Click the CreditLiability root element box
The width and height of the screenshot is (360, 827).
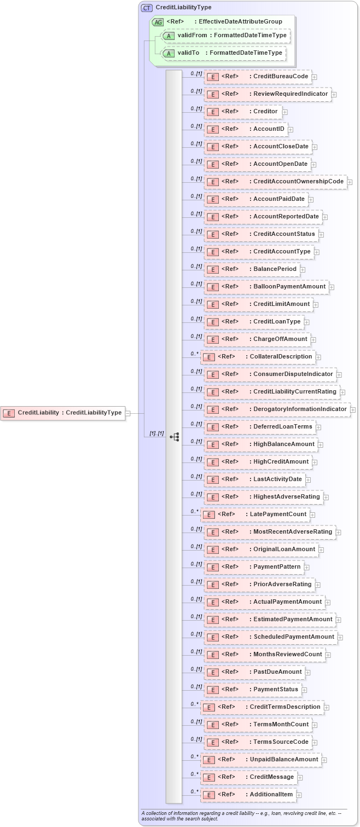pos(63,413)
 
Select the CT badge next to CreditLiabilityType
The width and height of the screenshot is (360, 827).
pos(147,8)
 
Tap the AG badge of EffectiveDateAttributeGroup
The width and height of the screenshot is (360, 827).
pos(158,22)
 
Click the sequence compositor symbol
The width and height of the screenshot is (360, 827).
pos(175,437)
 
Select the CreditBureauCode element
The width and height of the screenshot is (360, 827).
pos(258,77)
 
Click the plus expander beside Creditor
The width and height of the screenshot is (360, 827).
pos(285,112)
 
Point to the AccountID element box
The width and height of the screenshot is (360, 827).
pos(246,129)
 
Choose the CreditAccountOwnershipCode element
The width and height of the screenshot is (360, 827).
pos(275,182)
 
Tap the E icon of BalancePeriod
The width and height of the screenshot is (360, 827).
pos(213,269)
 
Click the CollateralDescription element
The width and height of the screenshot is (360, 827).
pos(258,357)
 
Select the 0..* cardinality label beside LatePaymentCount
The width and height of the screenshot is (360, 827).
pos(194,512)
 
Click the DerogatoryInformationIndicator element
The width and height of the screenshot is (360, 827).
pos(277,409)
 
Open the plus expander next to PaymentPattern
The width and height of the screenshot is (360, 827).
pos(307,568)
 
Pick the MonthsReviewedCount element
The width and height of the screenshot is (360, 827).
pos(264,655)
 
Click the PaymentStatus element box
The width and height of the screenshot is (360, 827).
pos(253,690)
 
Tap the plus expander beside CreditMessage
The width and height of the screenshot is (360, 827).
pos(300,778)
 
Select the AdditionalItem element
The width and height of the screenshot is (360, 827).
pos(248,795)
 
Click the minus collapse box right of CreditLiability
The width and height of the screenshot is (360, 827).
pos(128,413)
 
